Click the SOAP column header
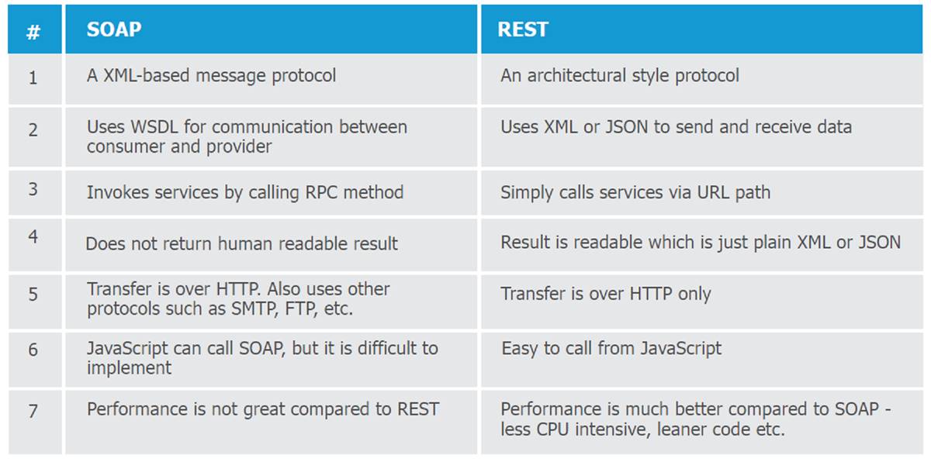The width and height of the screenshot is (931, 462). (x=114, y=29)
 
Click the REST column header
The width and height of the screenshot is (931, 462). (x=523, y=29)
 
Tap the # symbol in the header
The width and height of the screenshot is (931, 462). (x=33, y=32)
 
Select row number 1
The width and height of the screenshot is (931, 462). (x=33, y=78)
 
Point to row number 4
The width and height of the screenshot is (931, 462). (x=33, y=236)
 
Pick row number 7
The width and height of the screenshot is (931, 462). (x=33, y=411)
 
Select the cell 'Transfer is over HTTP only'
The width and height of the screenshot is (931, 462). (x=606, y=294)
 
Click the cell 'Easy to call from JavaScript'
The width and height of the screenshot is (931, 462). (x=611, y=349)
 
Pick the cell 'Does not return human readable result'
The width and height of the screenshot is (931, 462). (x=241, y=243)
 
